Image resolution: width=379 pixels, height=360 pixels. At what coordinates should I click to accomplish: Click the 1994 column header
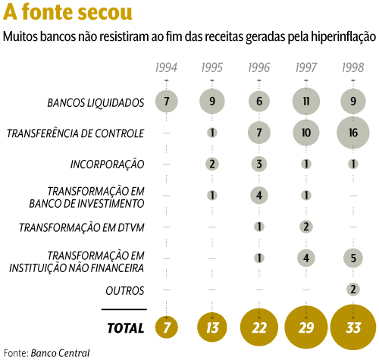(x=166, y=67)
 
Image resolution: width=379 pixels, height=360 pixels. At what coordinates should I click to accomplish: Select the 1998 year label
(x=353, y=67)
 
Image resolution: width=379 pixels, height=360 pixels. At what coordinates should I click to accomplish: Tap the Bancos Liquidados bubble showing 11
(x=306, y=102)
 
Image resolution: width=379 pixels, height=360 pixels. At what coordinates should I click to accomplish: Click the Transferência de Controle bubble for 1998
(x=353, y=133)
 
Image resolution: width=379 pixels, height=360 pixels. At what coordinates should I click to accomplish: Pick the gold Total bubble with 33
(x=353, y=327)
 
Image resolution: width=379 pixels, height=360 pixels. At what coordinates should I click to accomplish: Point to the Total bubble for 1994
(x=166, y=327)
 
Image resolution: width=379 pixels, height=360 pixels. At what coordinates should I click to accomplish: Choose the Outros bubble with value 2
(x=353, y=290)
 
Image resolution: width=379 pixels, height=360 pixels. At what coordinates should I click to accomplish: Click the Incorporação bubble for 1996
(x=259, y=164)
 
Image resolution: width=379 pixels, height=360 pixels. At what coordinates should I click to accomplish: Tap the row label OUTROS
(x=125, y=291)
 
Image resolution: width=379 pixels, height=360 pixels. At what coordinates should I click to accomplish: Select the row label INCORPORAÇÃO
(x=107, y=164)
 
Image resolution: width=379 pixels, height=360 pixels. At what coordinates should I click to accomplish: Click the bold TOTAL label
(x=126, y=328)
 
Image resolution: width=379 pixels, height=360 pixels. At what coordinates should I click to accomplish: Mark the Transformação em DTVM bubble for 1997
(x=306, y=227)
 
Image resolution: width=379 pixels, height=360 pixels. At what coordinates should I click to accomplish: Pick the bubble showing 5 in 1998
(x=353, y=258)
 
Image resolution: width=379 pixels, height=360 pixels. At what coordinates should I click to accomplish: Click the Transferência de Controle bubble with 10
(x=306, y=133)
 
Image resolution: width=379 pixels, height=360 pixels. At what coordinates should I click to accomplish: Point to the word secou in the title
(x=105, y=12)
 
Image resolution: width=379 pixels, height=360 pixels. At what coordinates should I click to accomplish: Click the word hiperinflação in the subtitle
(x=343, y=37)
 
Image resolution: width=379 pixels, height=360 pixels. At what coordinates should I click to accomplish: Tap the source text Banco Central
(x=60, y=353)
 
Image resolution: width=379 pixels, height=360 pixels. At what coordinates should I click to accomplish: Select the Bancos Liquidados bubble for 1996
(x=259, y=102)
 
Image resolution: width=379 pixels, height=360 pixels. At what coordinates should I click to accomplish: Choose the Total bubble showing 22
(x=259, y=327)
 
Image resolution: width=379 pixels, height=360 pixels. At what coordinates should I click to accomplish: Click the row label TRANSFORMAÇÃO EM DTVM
(x=82, y=227)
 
